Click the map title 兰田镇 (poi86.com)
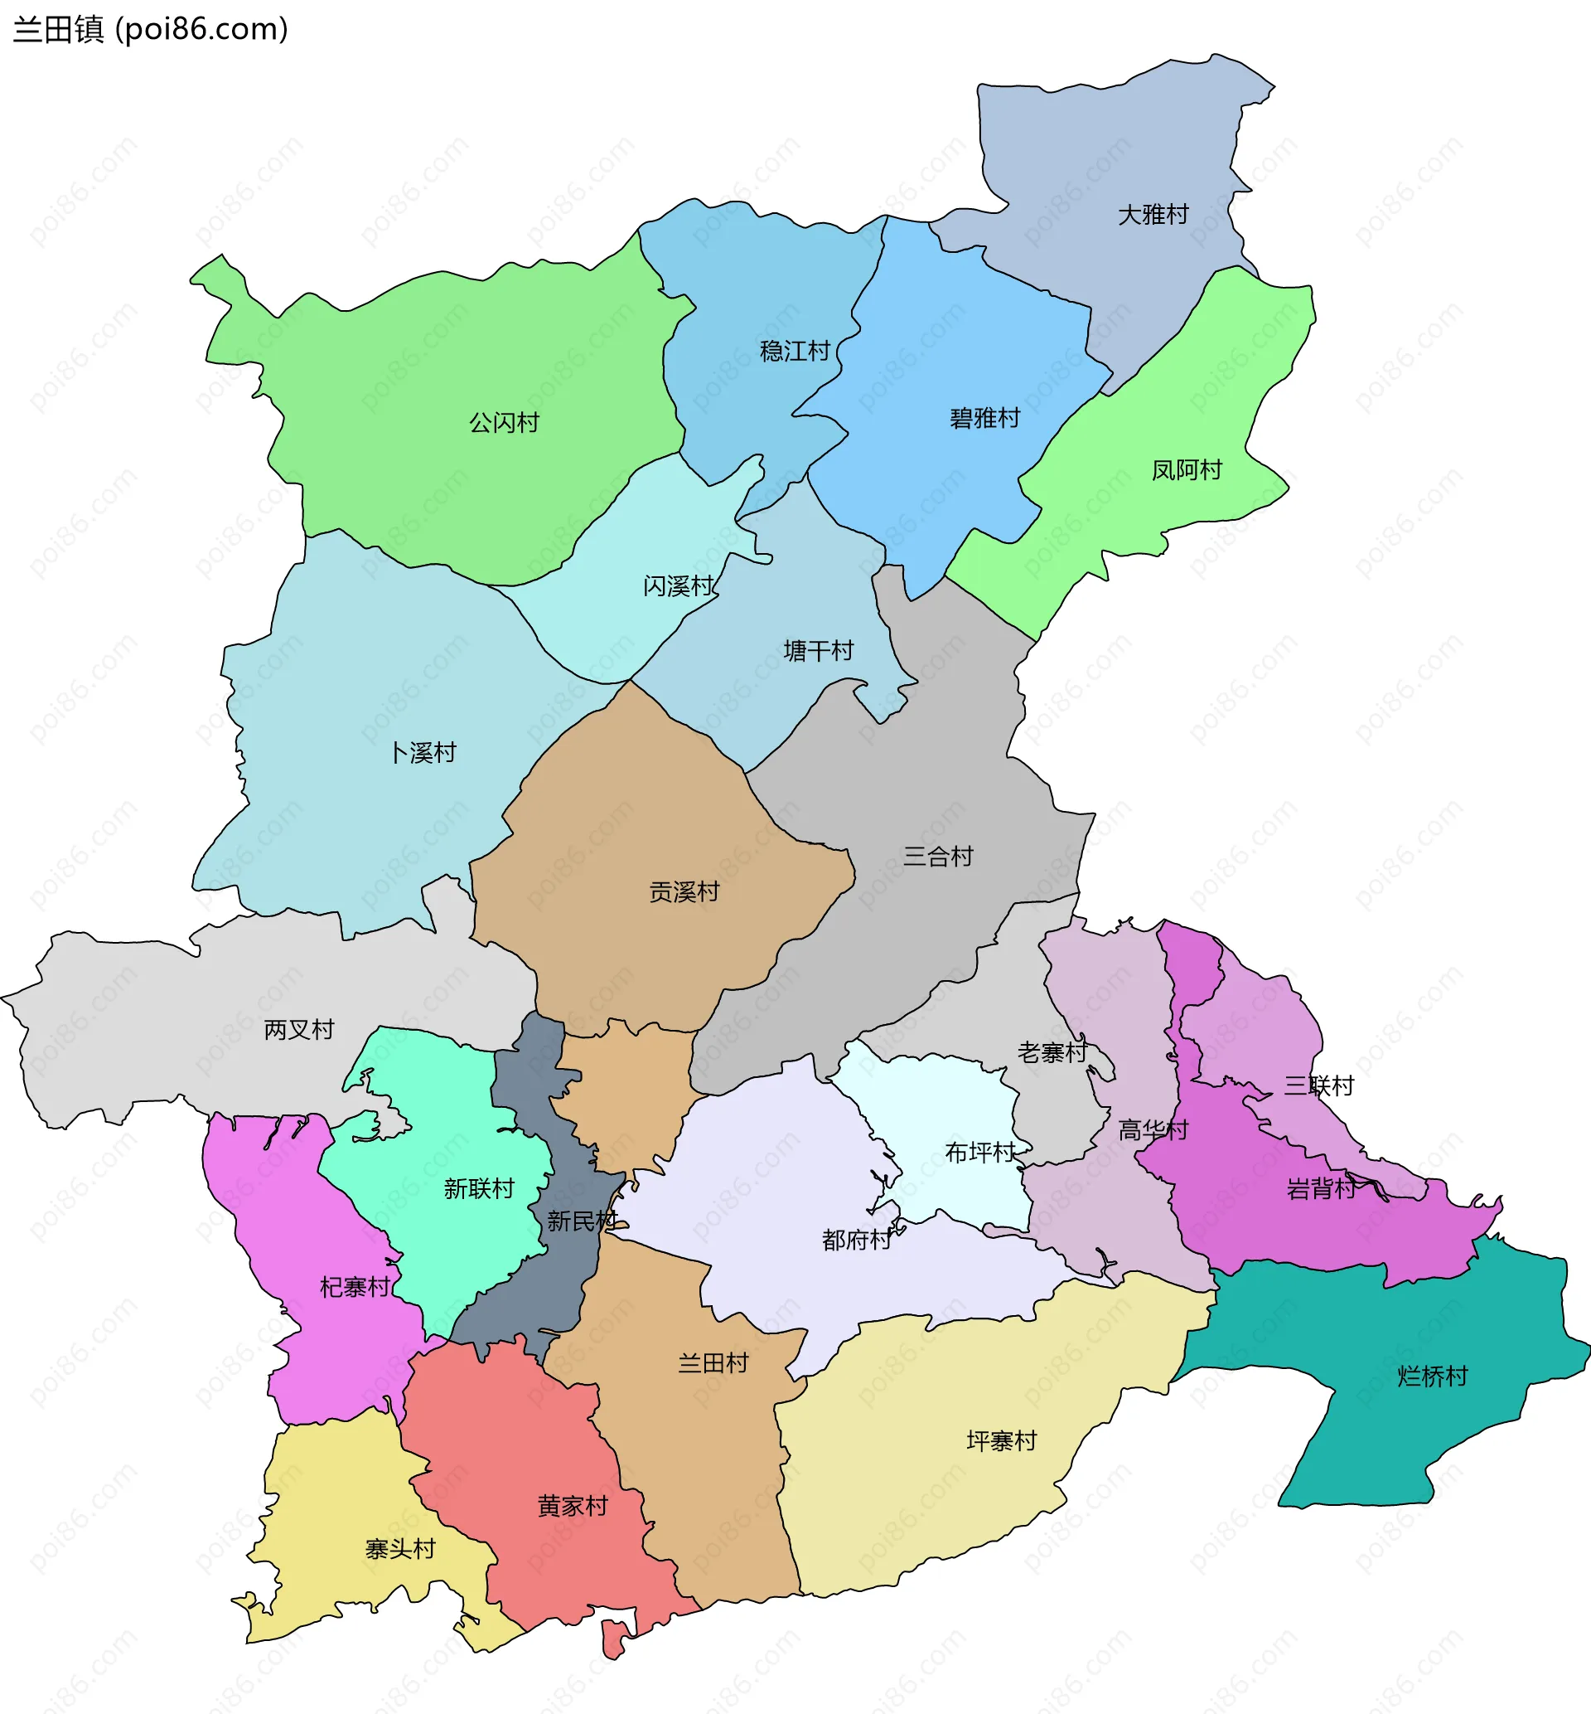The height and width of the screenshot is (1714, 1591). click(151, 29)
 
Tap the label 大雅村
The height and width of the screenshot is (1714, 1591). click(1153, 214)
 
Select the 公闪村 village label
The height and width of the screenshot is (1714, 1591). click(504, 422)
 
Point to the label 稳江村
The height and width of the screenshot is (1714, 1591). click(794, 351)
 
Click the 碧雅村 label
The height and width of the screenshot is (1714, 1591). click(984, 418)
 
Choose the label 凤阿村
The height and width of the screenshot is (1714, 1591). click(1187, 469)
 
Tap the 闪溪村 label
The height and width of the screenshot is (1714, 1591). click(679, 585)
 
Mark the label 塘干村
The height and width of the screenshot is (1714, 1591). click(818, 650)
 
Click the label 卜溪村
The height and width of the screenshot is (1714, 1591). click(423, 752)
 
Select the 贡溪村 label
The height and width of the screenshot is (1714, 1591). click(684, 891)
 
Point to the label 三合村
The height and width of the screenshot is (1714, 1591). click(937, 855)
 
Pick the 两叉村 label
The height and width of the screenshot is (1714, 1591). click(299, 1028)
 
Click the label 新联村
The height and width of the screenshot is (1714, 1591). click(479, 1187)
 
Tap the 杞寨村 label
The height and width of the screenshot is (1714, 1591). click(355, 1286)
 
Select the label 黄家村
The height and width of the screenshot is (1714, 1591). click(573, 1506)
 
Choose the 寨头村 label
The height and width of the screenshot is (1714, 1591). click(400, 1549)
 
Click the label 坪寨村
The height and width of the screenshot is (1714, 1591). click(1001, 1440)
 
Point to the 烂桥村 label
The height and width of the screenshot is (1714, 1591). click(1432, 1376)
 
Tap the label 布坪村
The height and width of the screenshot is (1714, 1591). click(979, 1152)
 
